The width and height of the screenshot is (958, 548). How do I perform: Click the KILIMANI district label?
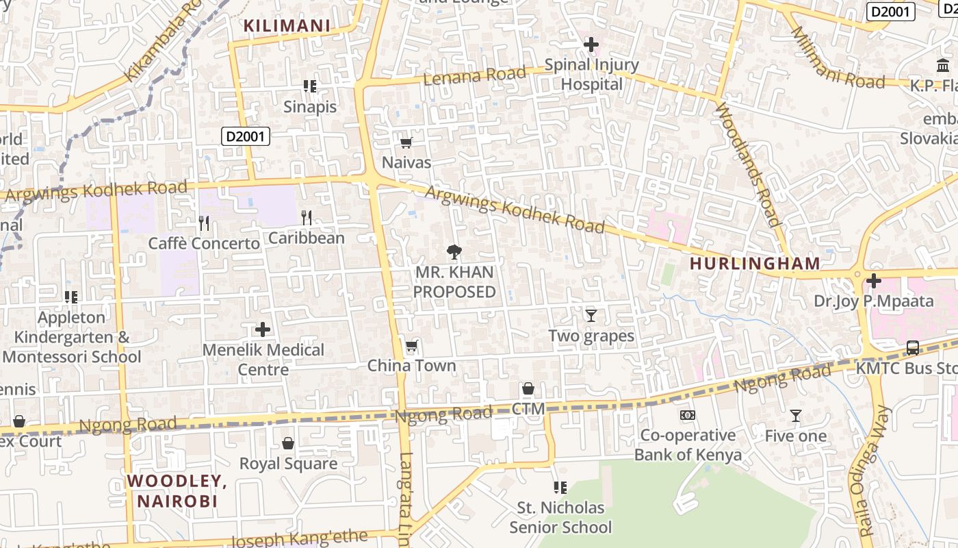point(287,26)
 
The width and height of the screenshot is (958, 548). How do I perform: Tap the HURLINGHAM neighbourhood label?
point(755,263)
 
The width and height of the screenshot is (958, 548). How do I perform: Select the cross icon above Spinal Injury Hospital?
point(591,45)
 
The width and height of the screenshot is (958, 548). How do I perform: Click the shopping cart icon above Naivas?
point(406,142)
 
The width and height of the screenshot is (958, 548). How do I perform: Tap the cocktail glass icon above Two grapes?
point(591,316)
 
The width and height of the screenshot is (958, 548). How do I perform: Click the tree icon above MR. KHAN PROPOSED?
point(454,253)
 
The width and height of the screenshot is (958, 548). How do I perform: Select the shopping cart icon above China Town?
point(411,346)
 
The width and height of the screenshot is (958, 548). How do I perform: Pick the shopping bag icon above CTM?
point(528,389)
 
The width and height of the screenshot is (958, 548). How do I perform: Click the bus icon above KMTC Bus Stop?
point(913,348)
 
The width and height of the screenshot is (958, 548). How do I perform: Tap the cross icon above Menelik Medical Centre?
point(263,330)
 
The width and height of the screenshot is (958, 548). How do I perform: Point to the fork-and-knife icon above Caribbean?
point(307,218)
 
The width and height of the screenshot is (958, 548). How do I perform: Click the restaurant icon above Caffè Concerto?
point(203,223)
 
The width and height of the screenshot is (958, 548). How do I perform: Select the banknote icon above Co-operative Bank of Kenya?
point(687,415)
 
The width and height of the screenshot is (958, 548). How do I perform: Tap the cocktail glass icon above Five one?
point(795,416)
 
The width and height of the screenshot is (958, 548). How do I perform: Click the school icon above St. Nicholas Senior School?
point(560,488)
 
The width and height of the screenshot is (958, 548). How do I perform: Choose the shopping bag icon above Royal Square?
point(288,443)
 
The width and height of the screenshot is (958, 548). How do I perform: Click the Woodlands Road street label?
point(747,164)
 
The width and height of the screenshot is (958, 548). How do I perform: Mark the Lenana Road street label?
point(475,75)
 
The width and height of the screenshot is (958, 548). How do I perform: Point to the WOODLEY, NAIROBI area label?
point(177,490)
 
